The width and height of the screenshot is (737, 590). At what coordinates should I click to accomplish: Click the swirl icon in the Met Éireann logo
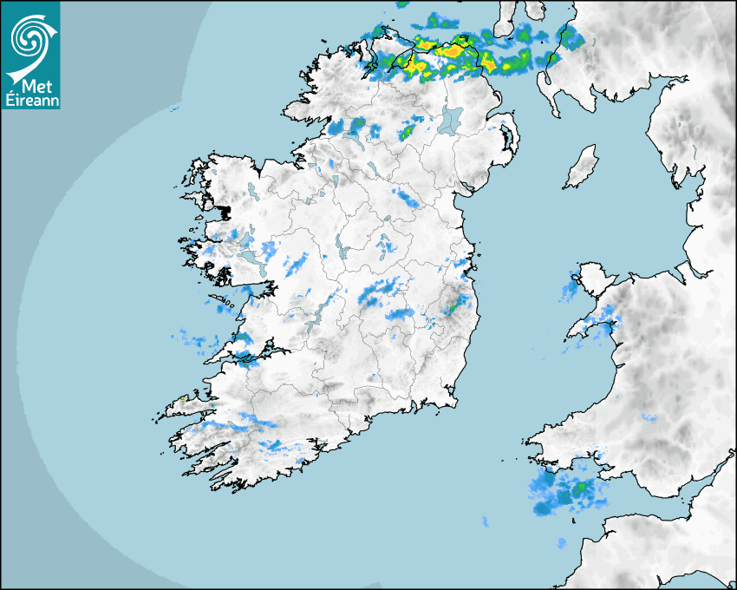tap(29, 37)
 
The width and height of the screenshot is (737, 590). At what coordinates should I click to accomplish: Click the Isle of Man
tap(581, 167)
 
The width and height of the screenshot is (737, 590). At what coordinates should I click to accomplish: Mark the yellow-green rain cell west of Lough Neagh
tap(406, 133)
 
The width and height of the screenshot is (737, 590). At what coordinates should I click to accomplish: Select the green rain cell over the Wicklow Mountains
tap(453, 305)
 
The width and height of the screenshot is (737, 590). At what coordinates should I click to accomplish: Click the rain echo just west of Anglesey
tap(570, 290)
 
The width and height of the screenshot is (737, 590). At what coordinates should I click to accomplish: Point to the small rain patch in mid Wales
tap(649, 418)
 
